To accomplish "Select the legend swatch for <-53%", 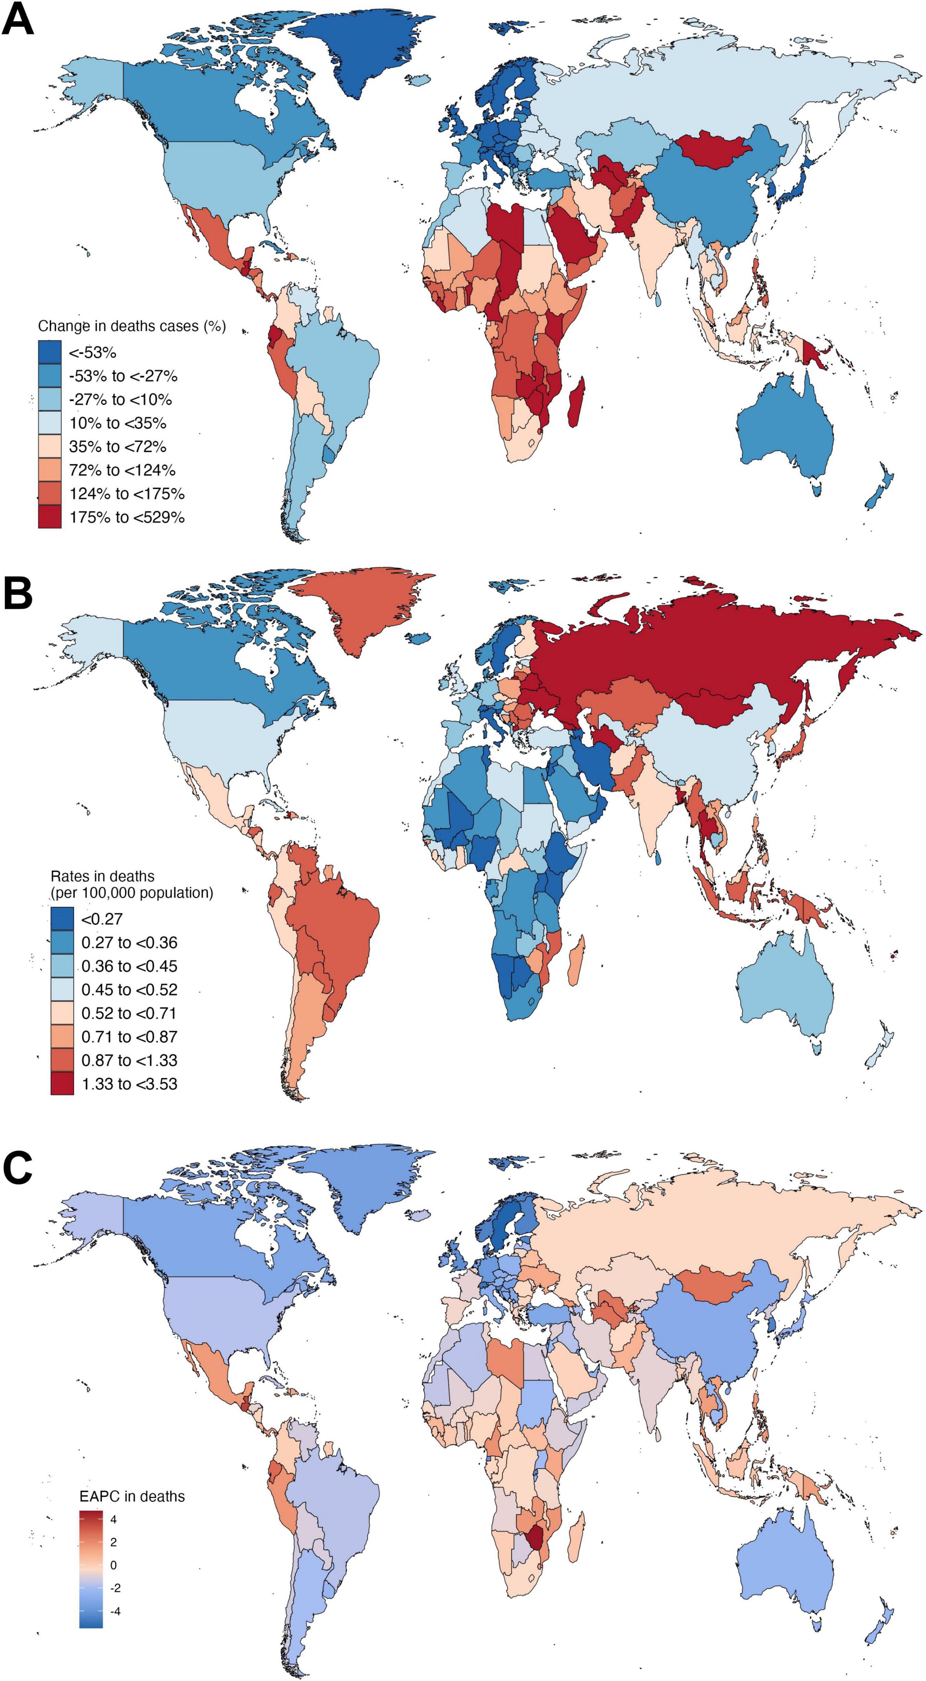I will click(x=50, y=352).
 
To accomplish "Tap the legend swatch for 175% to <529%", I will click(x=50, y=517).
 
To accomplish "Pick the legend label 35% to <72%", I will click(x=118, y=446).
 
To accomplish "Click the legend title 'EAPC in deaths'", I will click(x=132, y=1496).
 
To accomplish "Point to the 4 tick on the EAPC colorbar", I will click(x=114, y=1519).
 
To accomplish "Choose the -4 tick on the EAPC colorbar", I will click(x=115, y=1611).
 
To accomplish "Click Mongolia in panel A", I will click(x=715, y=149).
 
